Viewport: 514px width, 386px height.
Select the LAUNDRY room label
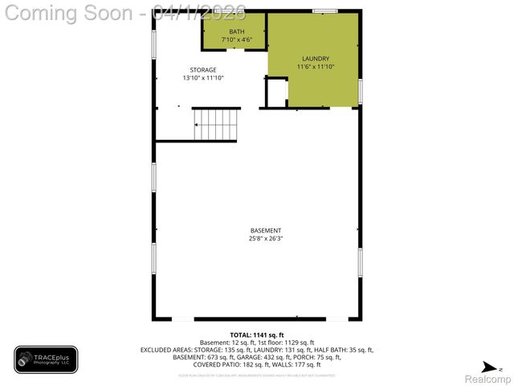coord(315,59)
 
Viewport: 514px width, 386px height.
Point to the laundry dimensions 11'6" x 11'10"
coord(315,67)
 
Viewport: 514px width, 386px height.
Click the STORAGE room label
coord(203,70)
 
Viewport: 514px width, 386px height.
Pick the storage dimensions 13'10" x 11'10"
coord(203,78)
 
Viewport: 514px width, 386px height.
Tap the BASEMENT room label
coord(265,231)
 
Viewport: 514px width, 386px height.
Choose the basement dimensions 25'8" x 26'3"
coord(265,239)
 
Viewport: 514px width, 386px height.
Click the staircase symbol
coord(216,125)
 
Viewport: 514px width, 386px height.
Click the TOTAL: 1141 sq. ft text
coord(257,335)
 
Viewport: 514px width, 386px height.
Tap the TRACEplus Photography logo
coord(46,359)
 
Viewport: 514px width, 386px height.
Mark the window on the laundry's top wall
coord(324,10)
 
